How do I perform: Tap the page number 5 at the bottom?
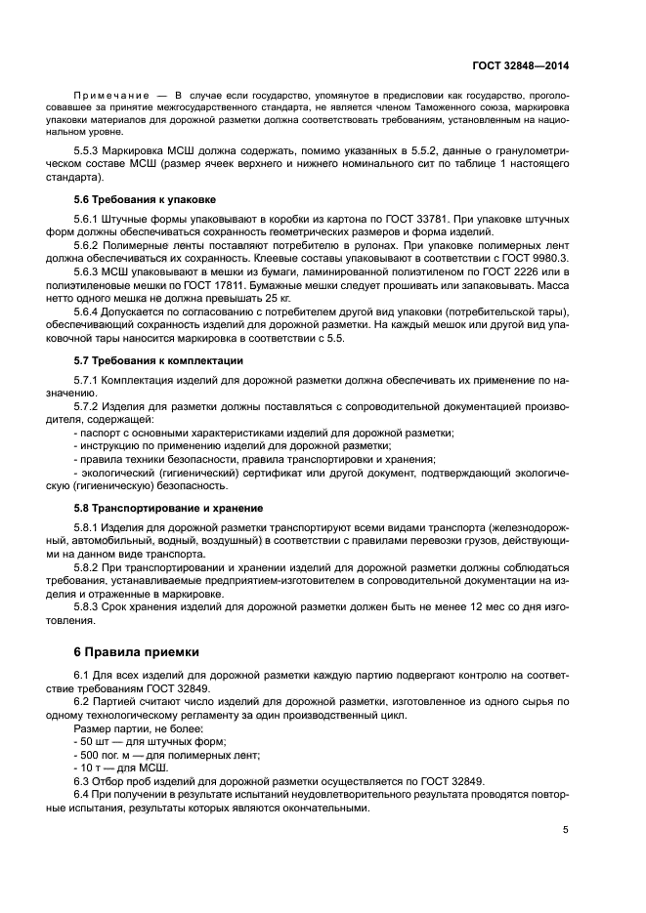[566, 830]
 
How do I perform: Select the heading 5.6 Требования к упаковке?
[132, 199]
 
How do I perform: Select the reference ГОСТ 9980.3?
[536, 257]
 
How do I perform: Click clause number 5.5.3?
[90, 154]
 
